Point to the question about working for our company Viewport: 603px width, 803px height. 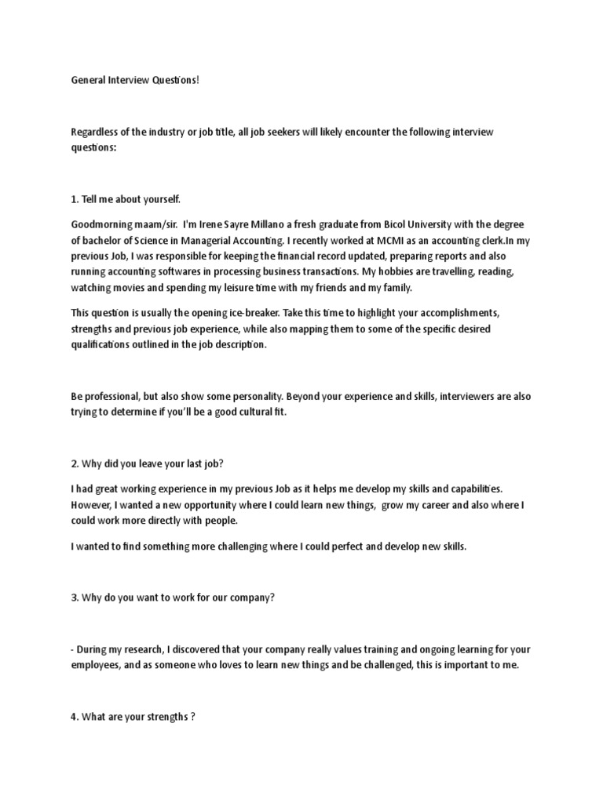pos(173,597)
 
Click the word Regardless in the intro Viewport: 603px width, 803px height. pos(95,132)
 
